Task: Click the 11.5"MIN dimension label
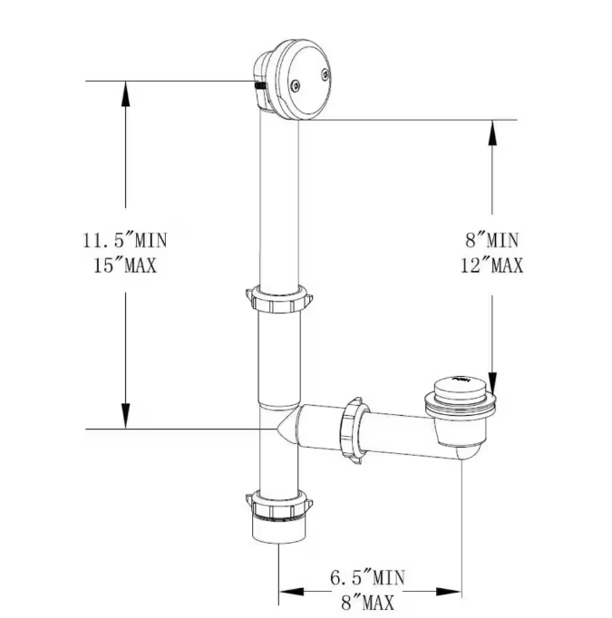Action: (x=124, y=241)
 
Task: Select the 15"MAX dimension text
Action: (x=124, y=266)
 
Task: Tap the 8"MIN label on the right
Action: (x=492, y=241)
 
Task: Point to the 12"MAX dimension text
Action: (x=492, y=266)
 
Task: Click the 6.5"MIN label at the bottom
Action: (x=367, y=575)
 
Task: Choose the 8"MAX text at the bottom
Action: (x=367, y=599)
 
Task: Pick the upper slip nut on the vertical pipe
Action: (x=278, y=298)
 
